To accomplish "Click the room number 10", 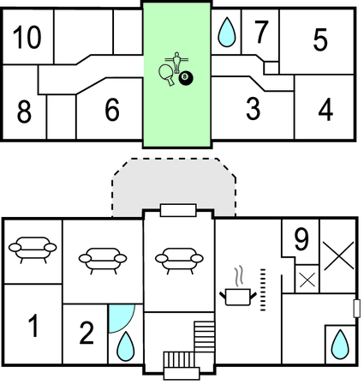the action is pyautogui.click(x=27, y=37).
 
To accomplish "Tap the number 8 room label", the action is pyautogui.click(x=24, y=111).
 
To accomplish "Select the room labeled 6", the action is pyautogui.click(x=112, y=110).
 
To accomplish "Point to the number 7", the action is pyautogui.click(x=261, y=32).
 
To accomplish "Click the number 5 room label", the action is pyautogui.click(x=320, y=39).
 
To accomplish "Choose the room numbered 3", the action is pyautogui.click(x=253, y=109).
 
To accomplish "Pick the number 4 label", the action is pyautogui.click(x=325, y=110).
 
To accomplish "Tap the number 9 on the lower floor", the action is pyautogui.click(x=301, y=239).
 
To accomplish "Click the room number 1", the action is pyautogui.click(x=33, y=326).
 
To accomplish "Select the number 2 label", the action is pyautogui.click(x=87, y=333).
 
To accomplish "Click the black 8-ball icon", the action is pyautogui.click(x=186, y=77).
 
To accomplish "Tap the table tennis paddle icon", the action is pyautogui.click(x=166, y=75).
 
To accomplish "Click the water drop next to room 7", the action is pyautogui.click(x=227, y=32).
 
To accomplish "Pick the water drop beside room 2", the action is pyautogui.click(x=126, y=346).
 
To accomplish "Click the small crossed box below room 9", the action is pyautogui.click(x=307, y=280).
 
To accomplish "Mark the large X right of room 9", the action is pyautogui.click(x=338, y=256).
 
